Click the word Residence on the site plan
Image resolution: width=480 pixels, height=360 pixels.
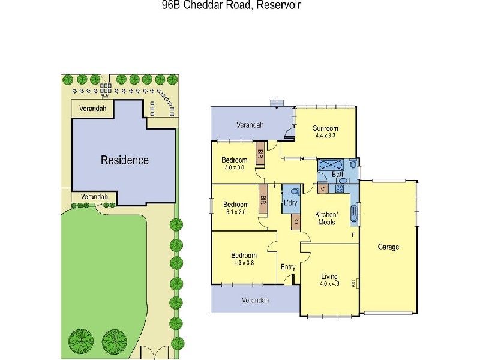coord(124,160)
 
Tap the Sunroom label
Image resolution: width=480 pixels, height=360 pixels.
coord(325,128)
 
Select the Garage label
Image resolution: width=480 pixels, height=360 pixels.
coord(388,247)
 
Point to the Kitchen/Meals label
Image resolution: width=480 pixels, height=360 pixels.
coord(328,218)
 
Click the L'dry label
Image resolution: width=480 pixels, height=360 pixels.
coord(290,203)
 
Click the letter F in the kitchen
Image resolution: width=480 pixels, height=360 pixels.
coord(353,234)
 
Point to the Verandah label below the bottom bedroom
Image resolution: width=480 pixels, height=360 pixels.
coord(255,300)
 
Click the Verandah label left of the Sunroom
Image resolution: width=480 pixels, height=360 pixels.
coord(250,125)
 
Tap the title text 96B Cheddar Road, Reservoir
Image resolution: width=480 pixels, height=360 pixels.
coord(240,5)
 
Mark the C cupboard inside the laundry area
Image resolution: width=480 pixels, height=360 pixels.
coord(295,222)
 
